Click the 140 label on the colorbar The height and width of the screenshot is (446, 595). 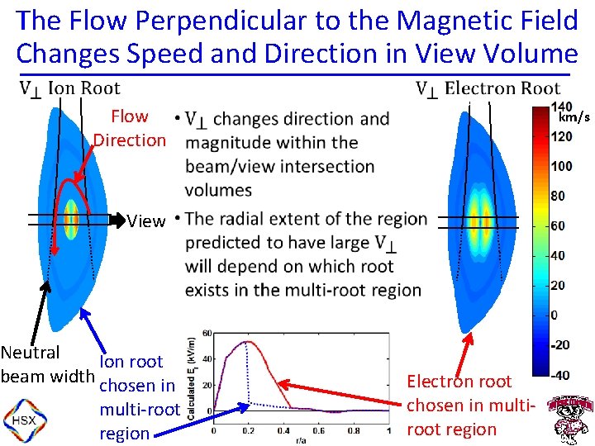coord(561,107)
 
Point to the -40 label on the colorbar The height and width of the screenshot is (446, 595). coord(560,375)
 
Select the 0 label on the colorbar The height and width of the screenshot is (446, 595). coord(555,316)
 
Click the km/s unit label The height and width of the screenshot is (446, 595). coord(573,117)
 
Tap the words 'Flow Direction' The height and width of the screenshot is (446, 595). coord(130,128)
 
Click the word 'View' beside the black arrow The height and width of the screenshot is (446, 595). coord(146,221)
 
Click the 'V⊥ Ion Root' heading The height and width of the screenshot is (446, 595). coord(70,88)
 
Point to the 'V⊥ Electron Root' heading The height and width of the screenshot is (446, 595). coord(488,88)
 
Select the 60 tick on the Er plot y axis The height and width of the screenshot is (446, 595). coord(207,334)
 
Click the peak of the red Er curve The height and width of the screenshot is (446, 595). coord(245,341)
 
